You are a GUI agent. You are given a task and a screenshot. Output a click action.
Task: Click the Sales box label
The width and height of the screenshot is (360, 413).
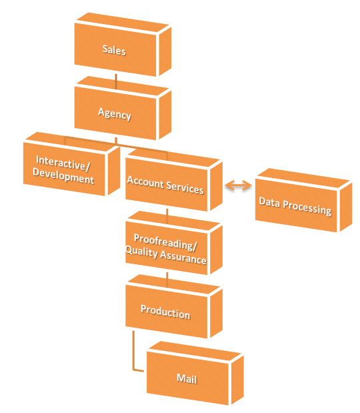pos(114,50)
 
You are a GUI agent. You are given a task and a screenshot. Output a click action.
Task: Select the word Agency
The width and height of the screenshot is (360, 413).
pos(115,114)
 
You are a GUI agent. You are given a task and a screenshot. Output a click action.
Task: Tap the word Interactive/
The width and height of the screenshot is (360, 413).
pos(63,163)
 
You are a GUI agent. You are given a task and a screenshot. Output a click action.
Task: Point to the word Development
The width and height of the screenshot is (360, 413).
pos(63,176)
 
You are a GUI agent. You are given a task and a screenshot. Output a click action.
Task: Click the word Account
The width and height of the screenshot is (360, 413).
pos(145,182)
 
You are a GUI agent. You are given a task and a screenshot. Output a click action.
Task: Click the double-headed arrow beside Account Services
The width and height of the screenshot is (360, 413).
pos(238,185)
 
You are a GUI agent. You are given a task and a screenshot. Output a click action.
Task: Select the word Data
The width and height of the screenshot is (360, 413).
pos(269,202)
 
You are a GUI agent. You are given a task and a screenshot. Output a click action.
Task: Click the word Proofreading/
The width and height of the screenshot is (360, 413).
pos(165,242)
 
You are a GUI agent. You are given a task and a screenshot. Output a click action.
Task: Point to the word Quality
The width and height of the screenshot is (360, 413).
pos(141,252)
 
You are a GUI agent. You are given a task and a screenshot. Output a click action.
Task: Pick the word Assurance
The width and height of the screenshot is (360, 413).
pos(183,258)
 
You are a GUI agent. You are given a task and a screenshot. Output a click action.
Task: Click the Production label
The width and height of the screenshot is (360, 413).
pos(165,312)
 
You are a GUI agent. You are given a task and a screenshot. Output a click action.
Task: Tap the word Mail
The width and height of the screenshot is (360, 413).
pos(187,378)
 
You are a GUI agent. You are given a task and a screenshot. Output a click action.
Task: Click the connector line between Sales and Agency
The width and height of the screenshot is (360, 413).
pos(116,81)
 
